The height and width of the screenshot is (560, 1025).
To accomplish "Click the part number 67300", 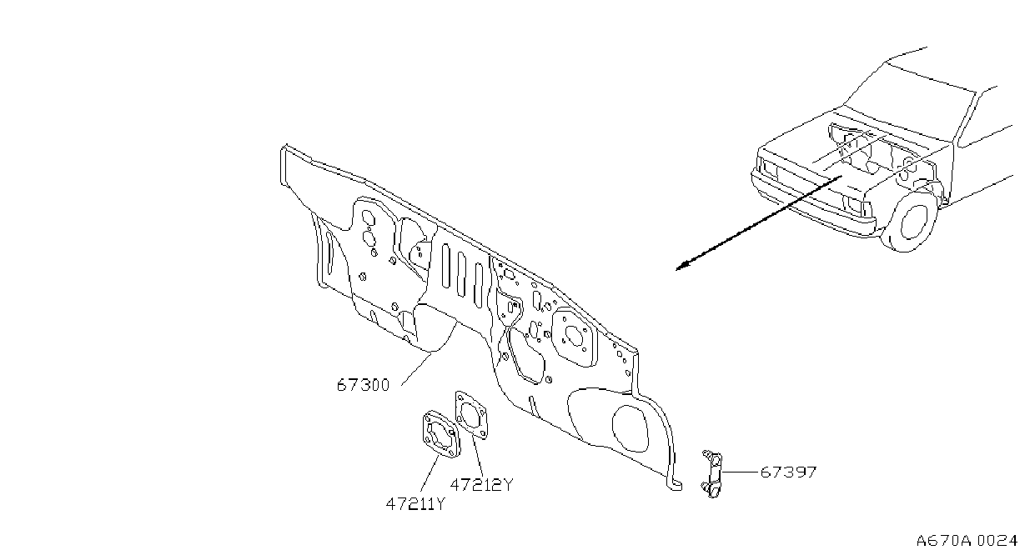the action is [x=363, y=385].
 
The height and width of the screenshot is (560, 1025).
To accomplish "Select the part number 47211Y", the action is [x=415, y=504].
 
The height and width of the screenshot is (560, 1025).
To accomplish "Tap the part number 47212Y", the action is [x=481, y=484].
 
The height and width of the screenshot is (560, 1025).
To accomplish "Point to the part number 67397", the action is [x=788, y=472].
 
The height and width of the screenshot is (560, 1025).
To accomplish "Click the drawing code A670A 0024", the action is [x=967, y=541].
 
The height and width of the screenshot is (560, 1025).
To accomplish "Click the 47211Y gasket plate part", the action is [x=441, y=434].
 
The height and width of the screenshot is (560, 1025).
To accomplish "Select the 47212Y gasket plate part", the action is [x=471, y=415].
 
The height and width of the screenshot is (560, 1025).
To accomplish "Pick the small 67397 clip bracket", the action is [x=712, y=473].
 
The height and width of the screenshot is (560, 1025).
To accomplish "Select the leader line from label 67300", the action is [x=417, y=369].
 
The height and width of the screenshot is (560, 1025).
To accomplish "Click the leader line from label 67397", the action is [x=741, y=472].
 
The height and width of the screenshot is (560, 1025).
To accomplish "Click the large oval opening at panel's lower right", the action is [x=631, y=428].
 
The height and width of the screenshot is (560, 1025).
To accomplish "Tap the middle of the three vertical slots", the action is [x=461, y=273].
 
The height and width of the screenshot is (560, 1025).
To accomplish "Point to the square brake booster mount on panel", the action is [x=575, y=337].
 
